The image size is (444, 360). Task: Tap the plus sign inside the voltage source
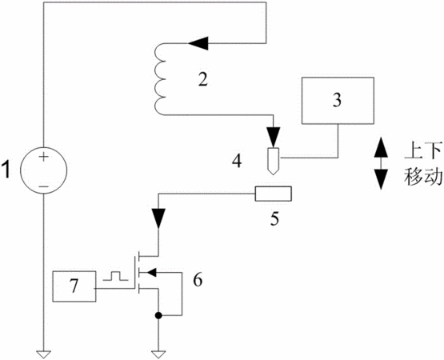[x=44, y=157]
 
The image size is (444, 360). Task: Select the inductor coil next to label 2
[x=160, y=79]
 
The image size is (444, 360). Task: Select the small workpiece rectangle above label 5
[x=274, y=194]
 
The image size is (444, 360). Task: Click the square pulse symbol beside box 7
[x=115, y=276]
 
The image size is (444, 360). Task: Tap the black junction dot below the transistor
[x=158, y=315]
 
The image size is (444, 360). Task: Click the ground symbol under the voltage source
[x=44, y=354]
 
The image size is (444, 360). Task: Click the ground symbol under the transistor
[x=158, y=354]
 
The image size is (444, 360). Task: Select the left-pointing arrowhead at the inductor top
[x=198, y=43]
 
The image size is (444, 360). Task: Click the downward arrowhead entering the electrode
[x=274, y=137]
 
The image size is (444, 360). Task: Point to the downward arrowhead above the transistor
[x=158, y=218]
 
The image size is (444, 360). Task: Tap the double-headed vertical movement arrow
[x=381, y=163]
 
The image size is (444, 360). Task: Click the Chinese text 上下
[x=423, y=151]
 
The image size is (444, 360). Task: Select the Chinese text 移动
[x=423, y=177]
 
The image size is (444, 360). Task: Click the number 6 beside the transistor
[x=198, y=280]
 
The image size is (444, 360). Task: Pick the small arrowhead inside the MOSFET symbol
[x=152, y=273]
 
